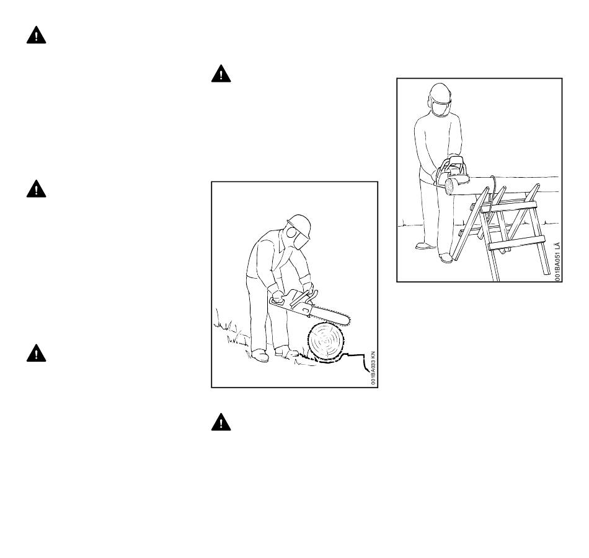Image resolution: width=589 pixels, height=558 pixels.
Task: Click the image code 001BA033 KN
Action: [373, 368]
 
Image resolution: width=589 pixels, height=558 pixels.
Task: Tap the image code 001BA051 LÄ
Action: [558, 261]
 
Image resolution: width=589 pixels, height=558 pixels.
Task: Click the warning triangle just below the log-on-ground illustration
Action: [221, 422]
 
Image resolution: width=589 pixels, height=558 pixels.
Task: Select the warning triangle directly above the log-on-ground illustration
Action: [221, 74]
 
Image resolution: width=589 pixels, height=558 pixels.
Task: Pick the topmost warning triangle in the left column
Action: [36, 35]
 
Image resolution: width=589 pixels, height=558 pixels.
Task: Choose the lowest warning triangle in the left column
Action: [36, 353]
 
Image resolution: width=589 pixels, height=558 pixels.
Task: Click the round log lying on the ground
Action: [325, 342]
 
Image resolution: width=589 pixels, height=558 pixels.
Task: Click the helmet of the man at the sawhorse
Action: [440, 91]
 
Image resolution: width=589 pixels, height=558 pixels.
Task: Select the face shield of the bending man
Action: [301, 240]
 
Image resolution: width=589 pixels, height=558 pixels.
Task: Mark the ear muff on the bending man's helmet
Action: [291, 232]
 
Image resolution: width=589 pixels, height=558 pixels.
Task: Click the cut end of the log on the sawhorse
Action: [449, 186]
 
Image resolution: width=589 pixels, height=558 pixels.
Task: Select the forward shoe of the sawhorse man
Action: [446, 258]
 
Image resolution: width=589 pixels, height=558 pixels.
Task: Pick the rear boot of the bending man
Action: [260, 355]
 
